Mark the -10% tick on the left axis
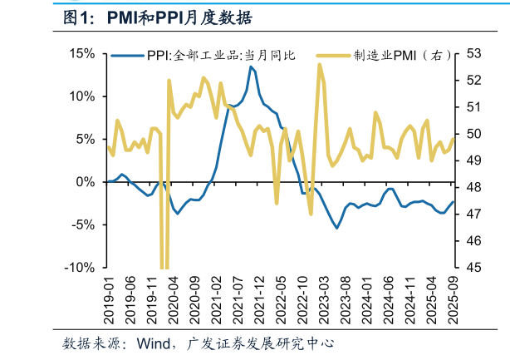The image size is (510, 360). pyautogui.click(x=81, y=268)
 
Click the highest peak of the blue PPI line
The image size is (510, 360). pyautogui.click(x=250, y=67)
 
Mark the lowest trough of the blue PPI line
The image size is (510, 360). pyautogui.click(x=337, y=228)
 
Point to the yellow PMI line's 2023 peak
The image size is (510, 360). pyautogui.click(x=320, y=64)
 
